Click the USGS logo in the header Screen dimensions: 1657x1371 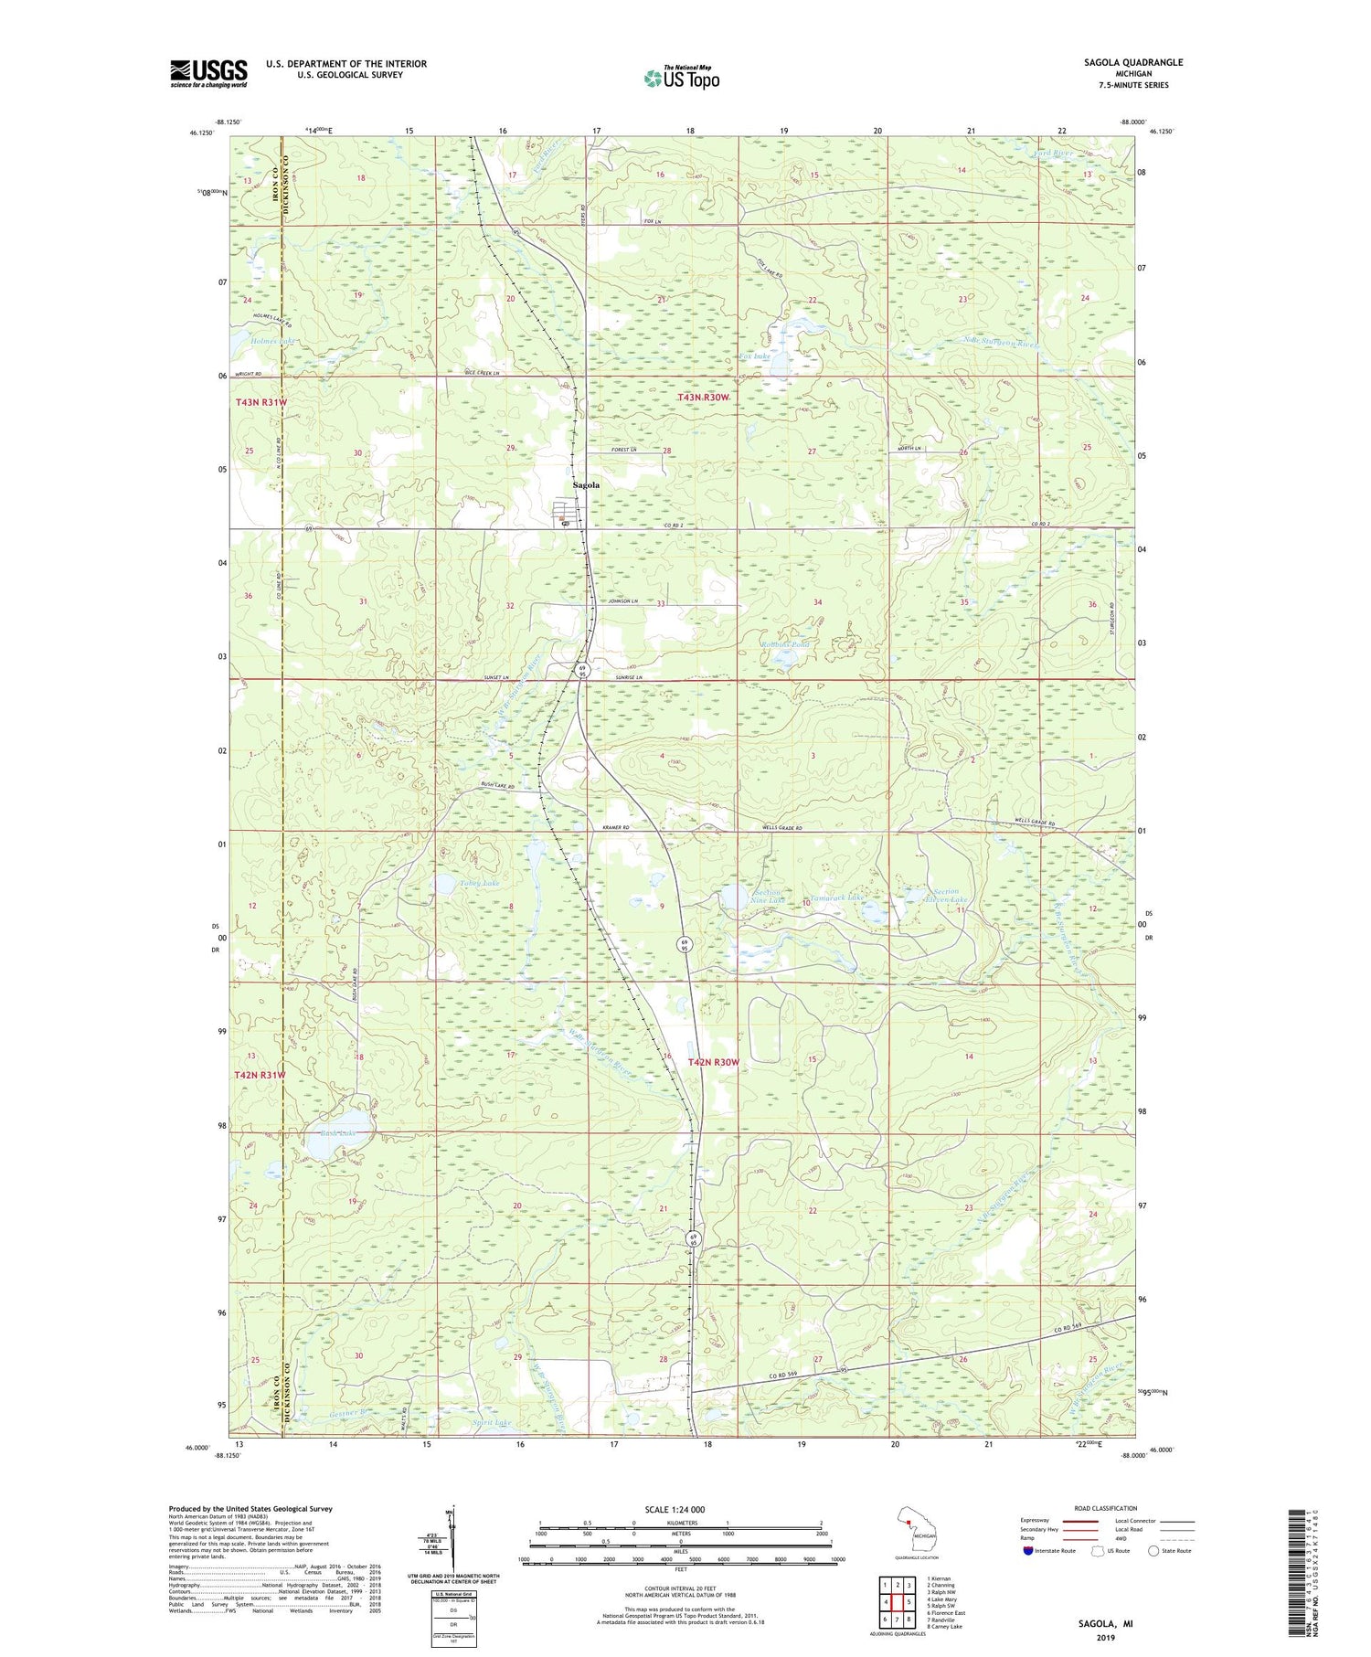pos(208,73)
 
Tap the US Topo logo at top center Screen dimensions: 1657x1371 pos(682,78)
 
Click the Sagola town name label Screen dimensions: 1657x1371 pos(586,485)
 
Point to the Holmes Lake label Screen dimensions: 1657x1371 pos(273,340)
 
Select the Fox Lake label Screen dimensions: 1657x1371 pos(755,356)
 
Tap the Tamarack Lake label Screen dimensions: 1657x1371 pos(835,898)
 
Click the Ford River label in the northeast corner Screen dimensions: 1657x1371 pos(1053,153)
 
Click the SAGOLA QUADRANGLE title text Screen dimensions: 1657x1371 pos(1138,62)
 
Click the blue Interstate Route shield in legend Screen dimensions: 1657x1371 pos(1028,1551)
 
